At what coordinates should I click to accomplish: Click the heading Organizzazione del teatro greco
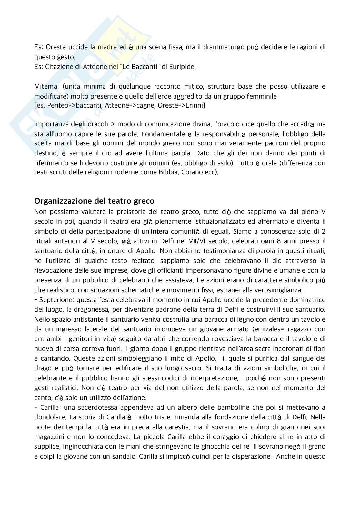coord(94,201)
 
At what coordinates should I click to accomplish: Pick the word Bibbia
coord(167,172)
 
